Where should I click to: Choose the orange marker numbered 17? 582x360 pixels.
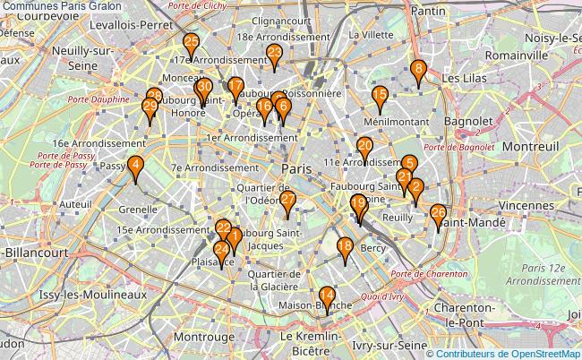[x=235, y=89]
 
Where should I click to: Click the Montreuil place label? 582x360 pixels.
[x=507, y=145]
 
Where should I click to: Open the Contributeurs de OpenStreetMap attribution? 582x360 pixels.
[x=509, y=353]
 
